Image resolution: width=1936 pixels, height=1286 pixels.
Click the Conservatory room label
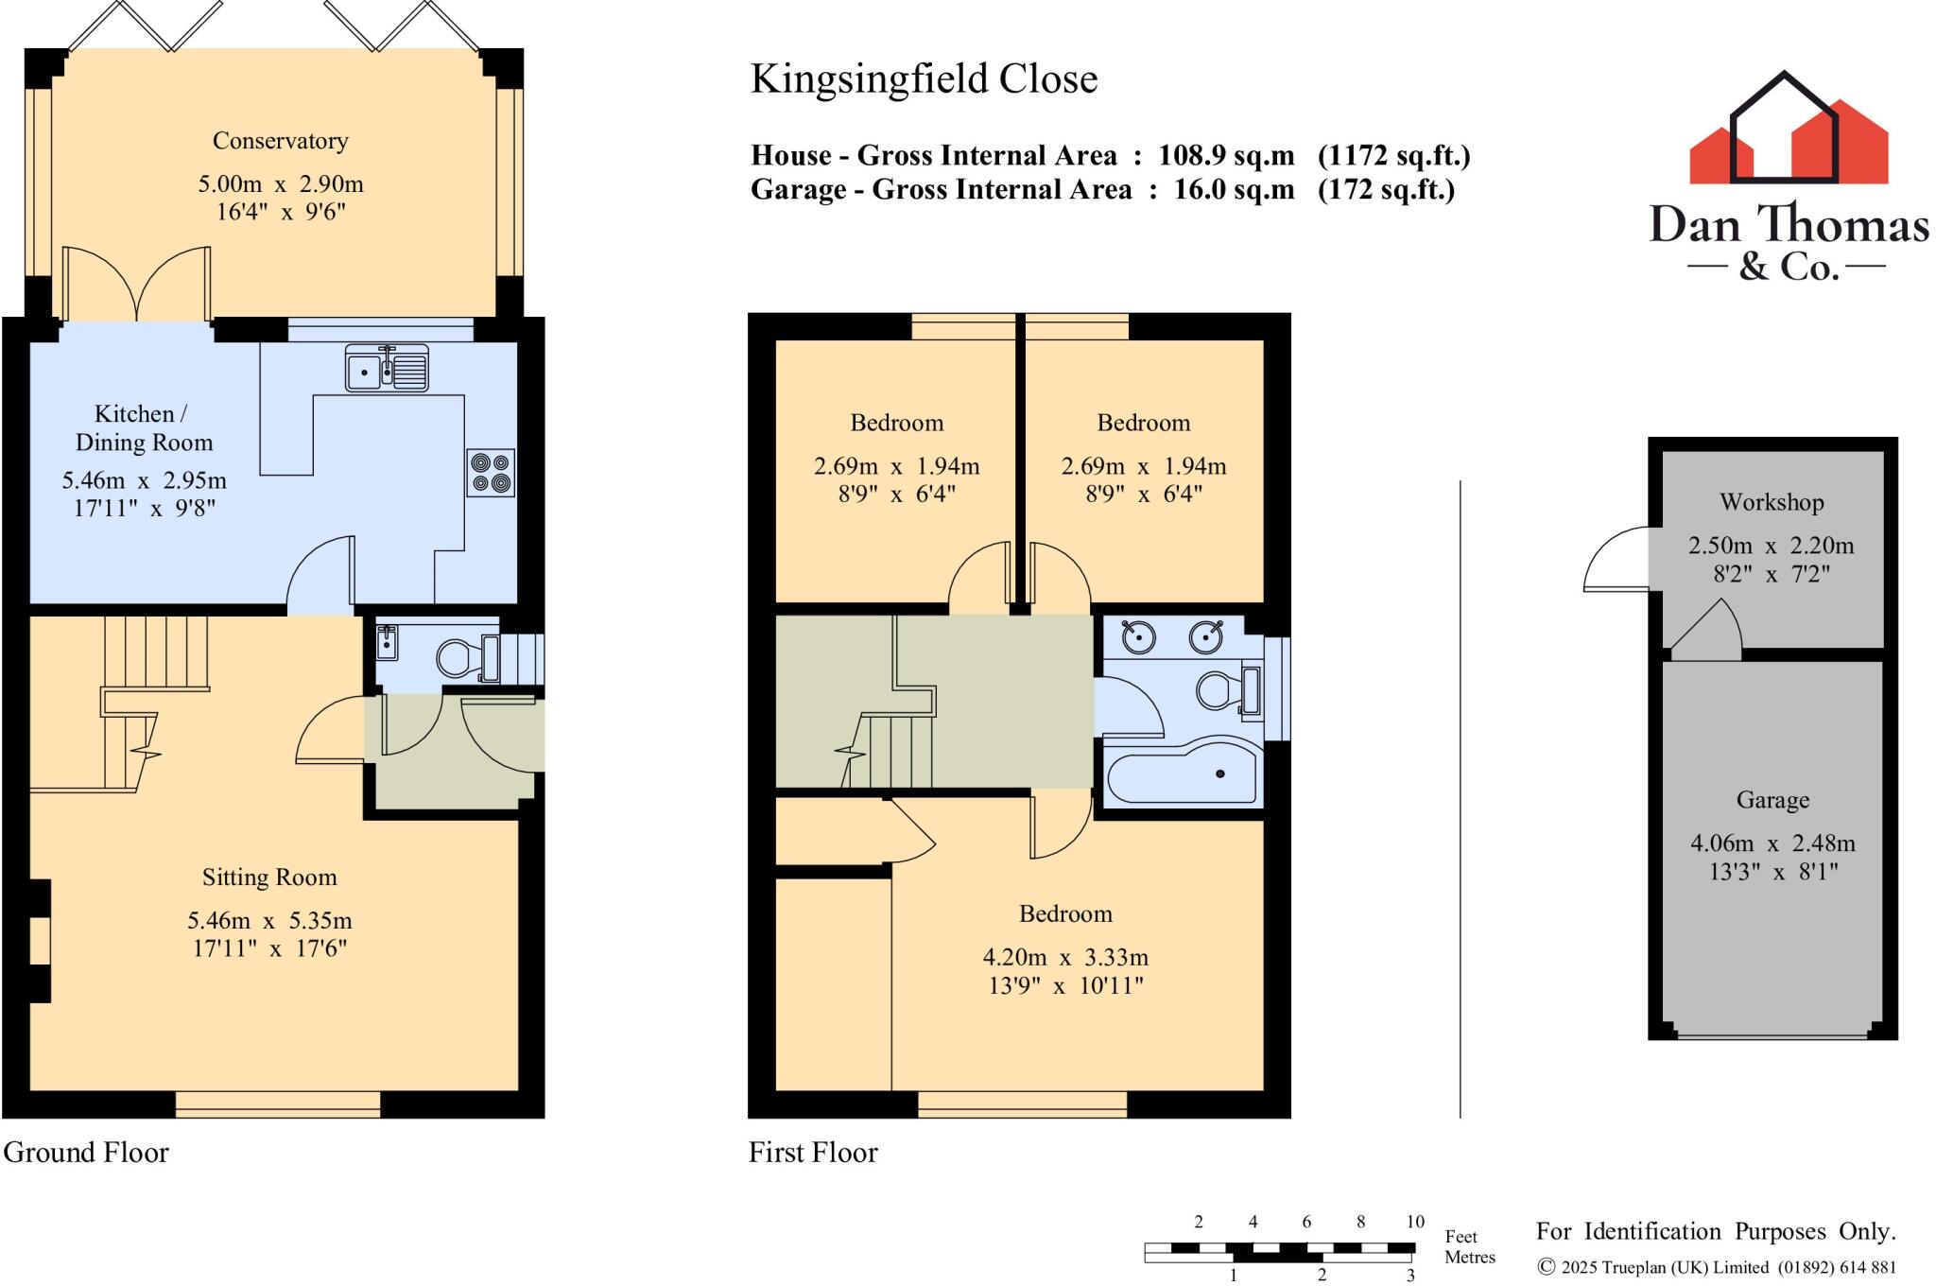coord(280,141)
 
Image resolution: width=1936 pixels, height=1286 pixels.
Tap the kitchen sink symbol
coord(387,369)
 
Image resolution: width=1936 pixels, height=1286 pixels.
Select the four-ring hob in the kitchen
coord(491,473)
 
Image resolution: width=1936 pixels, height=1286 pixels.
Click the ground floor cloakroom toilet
coord(458,658)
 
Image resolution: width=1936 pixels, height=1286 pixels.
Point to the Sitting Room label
coord(269,878)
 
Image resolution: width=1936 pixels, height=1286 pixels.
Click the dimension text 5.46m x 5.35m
coord(269,920)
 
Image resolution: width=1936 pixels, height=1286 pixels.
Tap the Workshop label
coord(1771,502)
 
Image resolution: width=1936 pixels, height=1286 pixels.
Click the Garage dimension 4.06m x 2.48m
coord(1772,843)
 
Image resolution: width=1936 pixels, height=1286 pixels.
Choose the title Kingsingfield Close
coord(924,79)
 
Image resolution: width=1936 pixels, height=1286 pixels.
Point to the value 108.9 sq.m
coord(1226,156)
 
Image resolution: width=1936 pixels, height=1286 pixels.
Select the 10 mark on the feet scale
coord(1414,1222)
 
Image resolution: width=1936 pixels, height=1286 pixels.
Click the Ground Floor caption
coord(86,1153)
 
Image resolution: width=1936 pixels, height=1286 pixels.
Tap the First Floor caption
coord(813,1153)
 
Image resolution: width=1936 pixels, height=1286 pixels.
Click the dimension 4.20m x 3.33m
coord(1065,957)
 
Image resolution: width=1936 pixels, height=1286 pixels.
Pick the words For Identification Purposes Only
coord(1715,1231)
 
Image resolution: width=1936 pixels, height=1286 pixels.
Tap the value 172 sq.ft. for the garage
coord(1386,190)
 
